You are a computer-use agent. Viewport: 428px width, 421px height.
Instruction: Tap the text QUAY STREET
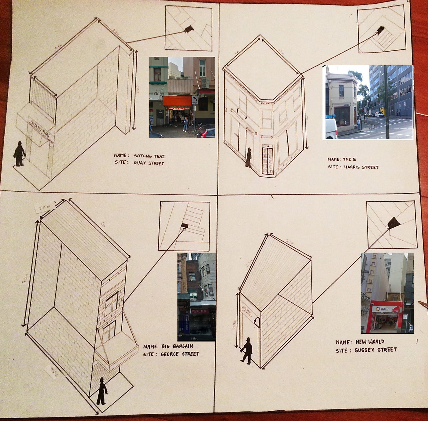[x=149, y=163]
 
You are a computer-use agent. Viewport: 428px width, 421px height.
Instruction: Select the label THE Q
[x=349, y=159]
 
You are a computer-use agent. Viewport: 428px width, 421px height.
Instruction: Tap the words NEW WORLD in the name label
[x=370, y=342]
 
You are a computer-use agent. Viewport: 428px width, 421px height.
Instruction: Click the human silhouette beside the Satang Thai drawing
[x=20, y=154]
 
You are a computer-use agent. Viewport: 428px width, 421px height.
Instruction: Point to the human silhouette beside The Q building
[x=249, y=158]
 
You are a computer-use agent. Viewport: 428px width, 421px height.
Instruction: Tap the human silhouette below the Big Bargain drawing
[x=101, y=391]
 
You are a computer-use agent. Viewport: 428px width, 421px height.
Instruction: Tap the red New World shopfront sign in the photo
[x=386, y=309]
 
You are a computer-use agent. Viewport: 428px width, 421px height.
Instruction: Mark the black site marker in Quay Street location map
[x=189, y=29]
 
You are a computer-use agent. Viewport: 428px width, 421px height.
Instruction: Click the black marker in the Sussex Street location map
[x=394, y=223]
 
